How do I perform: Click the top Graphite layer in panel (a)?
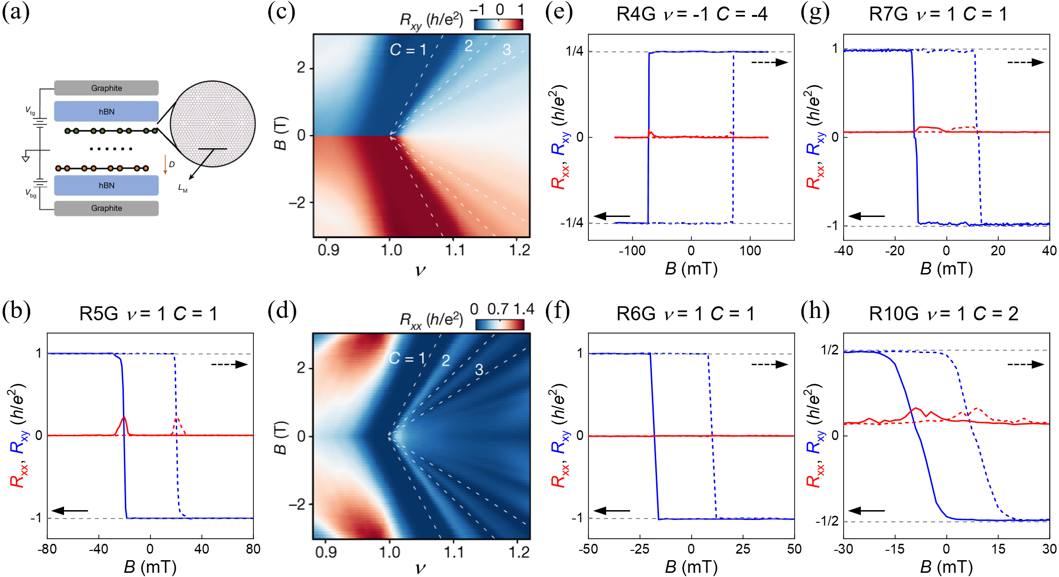[x=106, y=88]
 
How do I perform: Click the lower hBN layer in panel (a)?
[x=106, y=185]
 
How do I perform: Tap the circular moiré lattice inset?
[x=213, y=124]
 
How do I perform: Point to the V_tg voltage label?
[x=30, y=110]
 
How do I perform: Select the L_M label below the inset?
[x=182, y=188]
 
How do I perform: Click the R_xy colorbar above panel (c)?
[x=498, y=24]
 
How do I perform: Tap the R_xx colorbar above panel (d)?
[x=500, y=324]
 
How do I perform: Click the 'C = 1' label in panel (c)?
[x=408, y=50]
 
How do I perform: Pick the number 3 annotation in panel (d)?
[x=479, y=370]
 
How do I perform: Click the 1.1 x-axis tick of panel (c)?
[x=455, y=250]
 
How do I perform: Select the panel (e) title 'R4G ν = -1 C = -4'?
[x=691, y=14]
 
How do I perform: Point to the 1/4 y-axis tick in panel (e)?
[x=574, y=51]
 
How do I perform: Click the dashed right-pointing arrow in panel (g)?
[x=1025, y=62]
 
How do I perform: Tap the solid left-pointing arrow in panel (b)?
[x=70, y=511]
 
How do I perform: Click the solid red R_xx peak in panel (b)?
[x=123, y=418]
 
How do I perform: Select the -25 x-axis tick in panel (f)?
[x=639, y=549]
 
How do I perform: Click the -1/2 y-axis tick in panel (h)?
[x=827, y=520]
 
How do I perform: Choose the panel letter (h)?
[x=815, y=311]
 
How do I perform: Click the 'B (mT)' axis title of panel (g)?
[x=946, y=268]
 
